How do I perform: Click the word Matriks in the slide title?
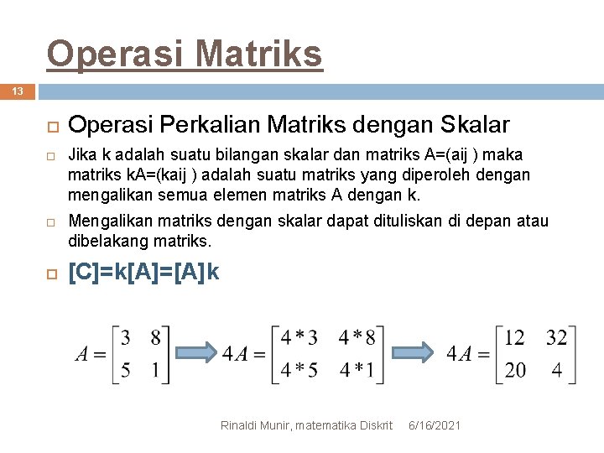click(259, 55)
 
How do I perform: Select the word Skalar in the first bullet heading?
click(472, 125)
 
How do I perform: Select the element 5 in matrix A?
click(125, 370)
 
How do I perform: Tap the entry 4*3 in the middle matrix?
click(299, 338)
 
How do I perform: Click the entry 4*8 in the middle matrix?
click(357, 338)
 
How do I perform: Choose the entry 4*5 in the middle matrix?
click(299, 370)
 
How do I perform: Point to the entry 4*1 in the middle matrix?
click(357, 370)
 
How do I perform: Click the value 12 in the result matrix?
click(514, 338)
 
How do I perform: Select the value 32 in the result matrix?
click(556, 338)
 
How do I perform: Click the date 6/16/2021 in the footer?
click(434, 426)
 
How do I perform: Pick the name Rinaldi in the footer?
click(239, 426)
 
